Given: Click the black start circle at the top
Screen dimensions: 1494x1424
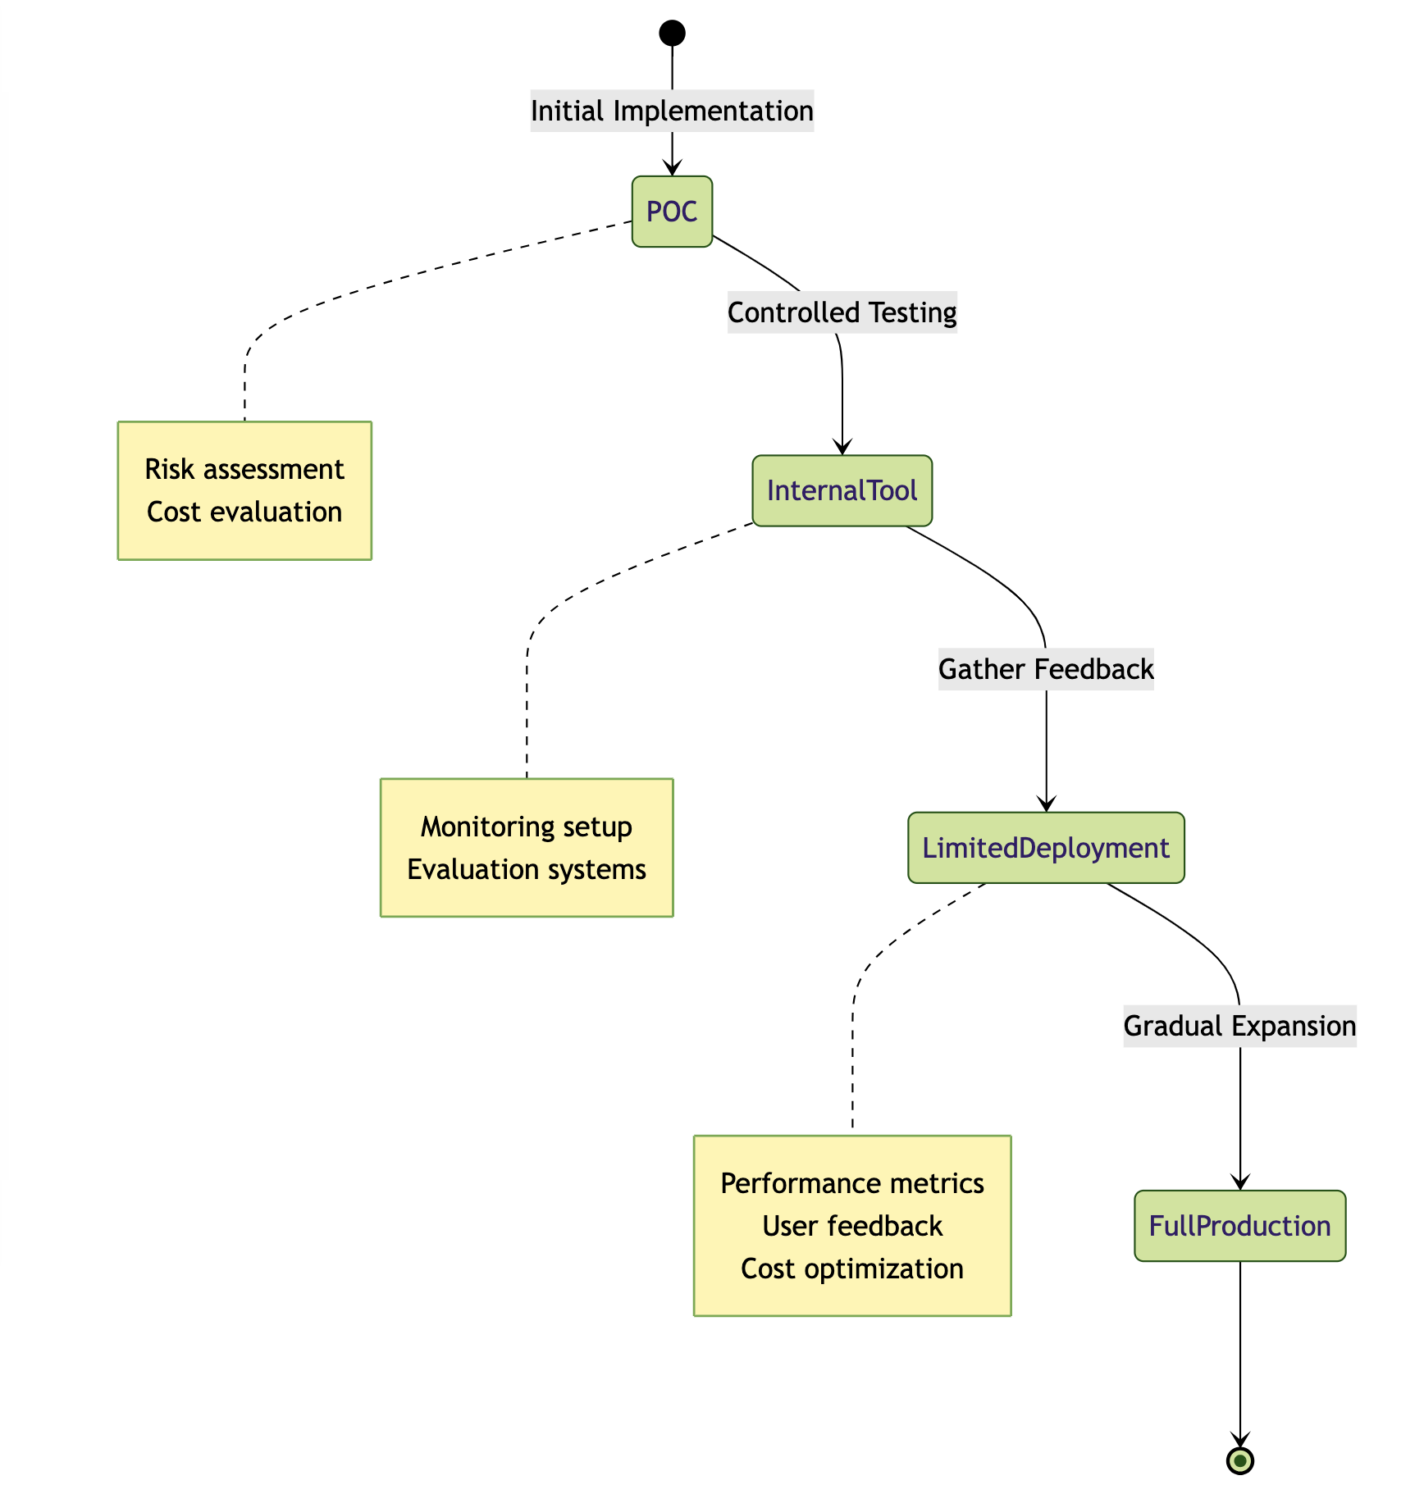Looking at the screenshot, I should tap(672, 33).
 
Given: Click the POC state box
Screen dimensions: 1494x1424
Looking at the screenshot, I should tap(672, 212).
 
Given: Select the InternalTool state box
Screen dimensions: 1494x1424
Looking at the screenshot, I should tap(842, 490).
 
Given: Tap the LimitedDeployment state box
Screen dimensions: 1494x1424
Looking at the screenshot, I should tap(1046, 848).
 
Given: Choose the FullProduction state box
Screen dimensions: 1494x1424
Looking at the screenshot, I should tap(1239, 1226).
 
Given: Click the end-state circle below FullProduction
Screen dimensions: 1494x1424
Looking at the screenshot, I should tap(1239, 1460).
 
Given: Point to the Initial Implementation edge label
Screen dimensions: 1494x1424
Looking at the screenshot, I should tap(672, 111).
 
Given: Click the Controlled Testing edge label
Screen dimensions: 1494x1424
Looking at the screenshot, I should tap(842, 312).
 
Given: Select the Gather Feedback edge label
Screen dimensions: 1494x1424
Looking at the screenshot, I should tap(1046, 669).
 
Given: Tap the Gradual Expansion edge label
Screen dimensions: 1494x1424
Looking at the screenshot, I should tap(1239, 1026).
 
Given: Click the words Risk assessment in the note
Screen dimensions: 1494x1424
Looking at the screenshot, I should tap(244, 469).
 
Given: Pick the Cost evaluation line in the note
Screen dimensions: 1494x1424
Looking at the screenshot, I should tap(244, 512).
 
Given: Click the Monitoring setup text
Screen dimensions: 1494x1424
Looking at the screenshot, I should tap(527, 827).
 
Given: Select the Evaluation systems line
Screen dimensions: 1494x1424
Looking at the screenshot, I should tap(527, 869).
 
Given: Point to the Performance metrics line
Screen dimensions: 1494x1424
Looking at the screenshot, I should tap(852, 1183).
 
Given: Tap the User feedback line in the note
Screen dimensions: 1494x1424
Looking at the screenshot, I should tap(852, 1226).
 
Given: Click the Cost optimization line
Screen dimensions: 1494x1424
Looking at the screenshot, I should tap(852, 1269).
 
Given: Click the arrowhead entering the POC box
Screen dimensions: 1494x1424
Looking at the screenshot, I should tap(672, 169).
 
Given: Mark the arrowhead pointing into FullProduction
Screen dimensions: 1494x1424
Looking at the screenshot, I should tap(1239, 1182).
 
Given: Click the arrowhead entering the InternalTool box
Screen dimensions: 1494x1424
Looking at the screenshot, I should tap(842, 448).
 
